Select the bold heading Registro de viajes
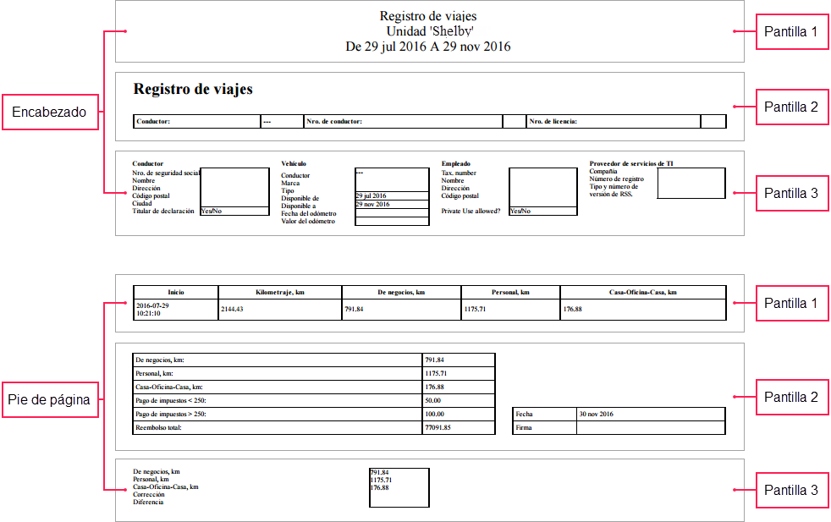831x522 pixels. coord(193,89)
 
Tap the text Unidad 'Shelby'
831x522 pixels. coord(428,31)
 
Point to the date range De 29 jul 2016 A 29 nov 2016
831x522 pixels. coord(428,47)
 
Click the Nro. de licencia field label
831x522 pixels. coord(553,122)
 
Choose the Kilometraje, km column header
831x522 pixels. coord(279,292)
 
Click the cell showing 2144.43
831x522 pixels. coord(232,310)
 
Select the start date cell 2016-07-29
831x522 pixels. coord(152,306)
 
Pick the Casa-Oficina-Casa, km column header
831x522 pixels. coord(642,292)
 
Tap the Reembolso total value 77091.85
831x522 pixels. coord(438,428)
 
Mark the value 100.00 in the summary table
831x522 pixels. coord(434,414)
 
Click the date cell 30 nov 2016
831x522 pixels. coord(597,414)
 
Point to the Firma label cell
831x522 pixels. coord(524,428)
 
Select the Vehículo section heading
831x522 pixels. coord(294,163)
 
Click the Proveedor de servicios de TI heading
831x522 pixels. coord(631,163)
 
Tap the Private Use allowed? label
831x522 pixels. coord(471,211)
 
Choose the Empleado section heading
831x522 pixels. coord(455,163)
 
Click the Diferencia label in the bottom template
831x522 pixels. coord(148,502)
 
